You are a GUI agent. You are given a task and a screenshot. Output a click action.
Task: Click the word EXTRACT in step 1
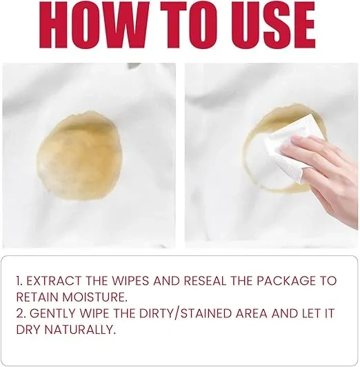tap(54, 281)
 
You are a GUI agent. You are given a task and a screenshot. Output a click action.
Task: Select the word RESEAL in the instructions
tap(205, 281)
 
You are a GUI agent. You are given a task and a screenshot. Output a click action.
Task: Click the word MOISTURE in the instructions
tap(95, 297)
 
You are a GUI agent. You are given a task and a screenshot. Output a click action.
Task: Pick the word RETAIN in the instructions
tap(37, 297)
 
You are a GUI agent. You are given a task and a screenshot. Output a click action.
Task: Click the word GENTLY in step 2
tap(53, 313)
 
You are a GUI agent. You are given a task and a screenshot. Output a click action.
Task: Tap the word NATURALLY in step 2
tap(80, 330)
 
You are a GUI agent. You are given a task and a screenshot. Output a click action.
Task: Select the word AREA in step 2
tap(252, 313)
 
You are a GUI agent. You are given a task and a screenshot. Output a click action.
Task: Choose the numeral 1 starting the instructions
tap(19, 281)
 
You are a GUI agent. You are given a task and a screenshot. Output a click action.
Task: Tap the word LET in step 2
tap(310, 313)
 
